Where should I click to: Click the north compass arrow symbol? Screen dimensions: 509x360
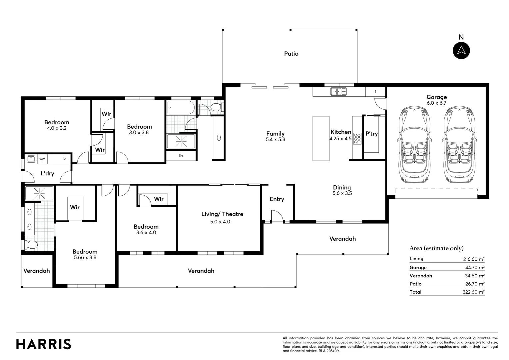pyautogui.click(x=461, y=50)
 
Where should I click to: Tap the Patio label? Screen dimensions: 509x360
pyautogui.click(x=291, y=54)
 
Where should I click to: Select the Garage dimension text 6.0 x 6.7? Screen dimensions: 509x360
pyautogui.click(x=436, y=103)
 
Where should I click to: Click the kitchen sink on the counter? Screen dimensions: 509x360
pyautogui.click(x=338, y=91)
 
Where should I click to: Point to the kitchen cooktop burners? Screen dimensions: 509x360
pyautogui.click(x=357, y=138)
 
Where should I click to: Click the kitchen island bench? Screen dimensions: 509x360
pyautogui.click(x=321, y=138)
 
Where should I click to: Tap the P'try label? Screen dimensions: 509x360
pyautogui.click(x=371, y=134)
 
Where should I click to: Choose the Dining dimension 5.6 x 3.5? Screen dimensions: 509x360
pyautogui.click(x=342, y=193)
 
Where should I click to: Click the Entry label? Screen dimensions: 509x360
pyautogui.click(x=277, y=199)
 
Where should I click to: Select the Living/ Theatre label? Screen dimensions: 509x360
pyautogui.click(x=222, y=214)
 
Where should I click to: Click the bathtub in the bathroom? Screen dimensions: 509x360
pyautogui.click(x=181, y=107)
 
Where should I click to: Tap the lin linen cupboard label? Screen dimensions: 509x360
pyautogui.click(x=181, y=156)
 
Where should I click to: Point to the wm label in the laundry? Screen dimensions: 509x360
pyautogui.click(x=42, y=159)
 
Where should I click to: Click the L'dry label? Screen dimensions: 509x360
pyautogui.click(x=47, y=174)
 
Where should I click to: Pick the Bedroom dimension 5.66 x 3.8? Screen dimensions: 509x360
pyautogui.click(x=85, y=257)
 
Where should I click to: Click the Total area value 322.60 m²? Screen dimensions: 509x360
pyautogui.click(x=474, y=292)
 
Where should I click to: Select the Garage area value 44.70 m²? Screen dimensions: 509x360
pyautogui.click(x=475, y=268)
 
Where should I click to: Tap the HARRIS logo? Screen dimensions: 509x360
pyautogui.click(x=44, y=344)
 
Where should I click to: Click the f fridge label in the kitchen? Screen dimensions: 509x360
pyautogui.click(x=375, y=91)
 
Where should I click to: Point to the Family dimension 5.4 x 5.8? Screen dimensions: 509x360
pyautogui.click(x=275, y=139)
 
